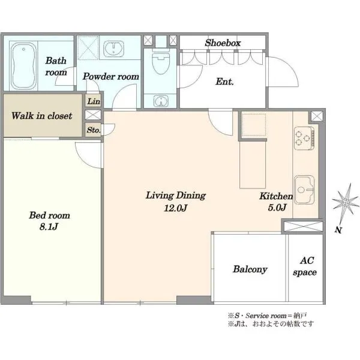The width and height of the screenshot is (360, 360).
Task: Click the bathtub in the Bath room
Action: (23, 66)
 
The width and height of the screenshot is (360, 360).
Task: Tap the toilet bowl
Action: (161, 62)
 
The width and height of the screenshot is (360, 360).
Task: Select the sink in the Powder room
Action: (113, 49)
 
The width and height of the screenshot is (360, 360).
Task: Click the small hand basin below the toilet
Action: (161, 101)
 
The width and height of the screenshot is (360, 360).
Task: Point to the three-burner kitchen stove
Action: (304, 138)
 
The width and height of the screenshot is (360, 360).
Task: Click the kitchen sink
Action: (304, 190)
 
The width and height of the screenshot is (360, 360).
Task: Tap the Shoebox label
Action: (223, 43)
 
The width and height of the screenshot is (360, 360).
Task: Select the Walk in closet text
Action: (42, 116)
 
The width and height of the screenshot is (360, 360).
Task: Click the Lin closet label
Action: (94, 101)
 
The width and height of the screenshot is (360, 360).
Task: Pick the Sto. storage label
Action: (94, 130)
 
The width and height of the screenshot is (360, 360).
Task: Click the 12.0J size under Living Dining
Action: (176, 208)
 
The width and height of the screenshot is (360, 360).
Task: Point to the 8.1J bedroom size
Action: (49, 227)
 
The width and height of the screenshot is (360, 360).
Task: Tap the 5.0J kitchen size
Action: (277, 208)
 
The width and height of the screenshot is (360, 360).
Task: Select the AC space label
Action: (305, 266)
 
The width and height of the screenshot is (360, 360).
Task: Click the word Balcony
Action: (250, 269)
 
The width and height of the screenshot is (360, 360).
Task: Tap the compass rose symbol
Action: (345, 202)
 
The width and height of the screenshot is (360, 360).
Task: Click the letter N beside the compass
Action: (338, 230)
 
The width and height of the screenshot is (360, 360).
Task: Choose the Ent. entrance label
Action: (224, 82)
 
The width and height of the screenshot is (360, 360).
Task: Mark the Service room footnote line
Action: (267, 316)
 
